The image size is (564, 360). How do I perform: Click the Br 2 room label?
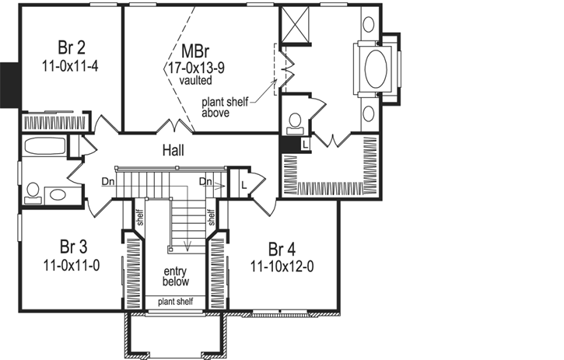pos(71,44)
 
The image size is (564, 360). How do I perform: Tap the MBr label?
pos(193,51)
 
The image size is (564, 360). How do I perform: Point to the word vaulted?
pos(193,79)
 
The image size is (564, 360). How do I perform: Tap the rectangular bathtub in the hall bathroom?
pos(44,145)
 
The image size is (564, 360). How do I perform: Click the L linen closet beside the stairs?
pos(244,184)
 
